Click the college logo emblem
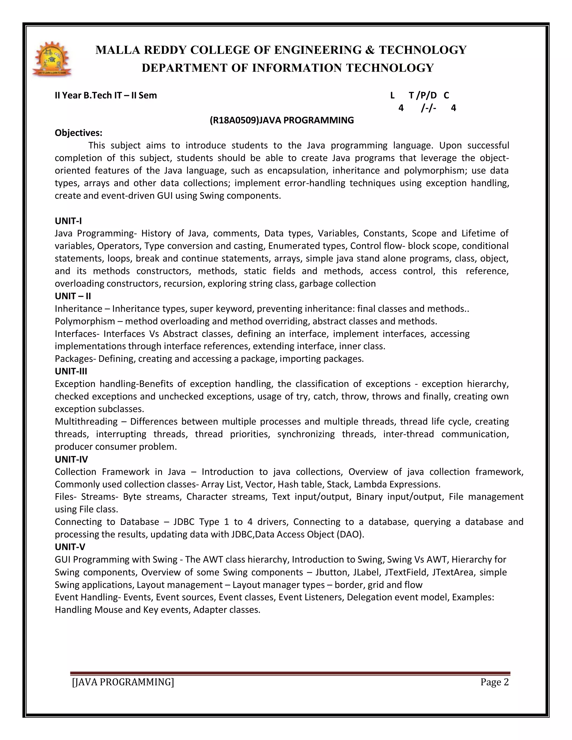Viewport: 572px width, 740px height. [x=52, y=59]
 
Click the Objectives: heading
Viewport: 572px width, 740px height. [x=78, y=133]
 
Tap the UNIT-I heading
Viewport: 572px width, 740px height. [x=68, y=221]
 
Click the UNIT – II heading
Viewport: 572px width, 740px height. [x=73, y=296]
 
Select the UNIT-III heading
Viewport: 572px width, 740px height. [x=71, y=371]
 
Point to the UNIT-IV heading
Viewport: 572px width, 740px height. [x=71, y=459]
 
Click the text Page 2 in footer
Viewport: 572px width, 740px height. [x=494, y=682]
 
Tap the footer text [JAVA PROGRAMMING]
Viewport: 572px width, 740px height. [x=123, y=682]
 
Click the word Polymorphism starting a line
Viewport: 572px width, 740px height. [x=85, y=321]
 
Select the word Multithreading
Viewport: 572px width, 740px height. [x=86, y=421]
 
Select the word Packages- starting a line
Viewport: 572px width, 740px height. [x=75, y=359]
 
